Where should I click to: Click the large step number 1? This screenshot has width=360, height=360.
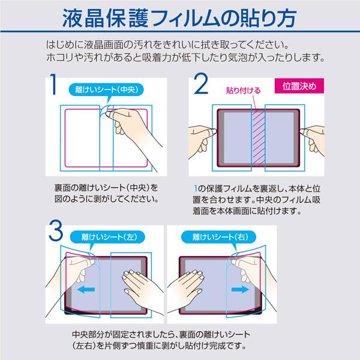[x=53, y=88]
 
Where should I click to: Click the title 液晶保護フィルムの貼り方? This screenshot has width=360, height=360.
[x=180, y=19]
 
